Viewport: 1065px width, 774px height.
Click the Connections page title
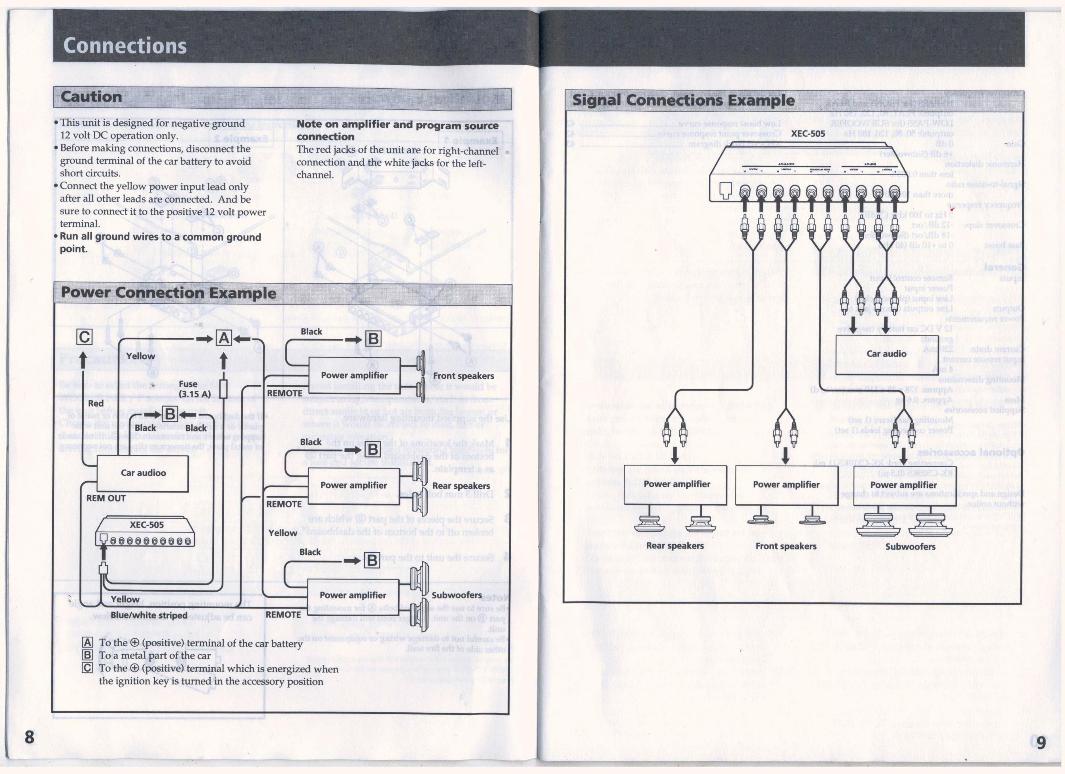pos(125,45)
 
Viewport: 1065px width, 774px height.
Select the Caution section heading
pos(91,97)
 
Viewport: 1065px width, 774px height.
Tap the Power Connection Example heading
pos(168,293)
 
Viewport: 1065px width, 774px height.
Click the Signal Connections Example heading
pos(683,100)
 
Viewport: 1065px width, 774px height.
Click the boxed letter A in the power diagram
pos(223,338)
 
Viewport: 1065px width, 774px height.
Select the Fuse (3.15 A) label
pos(194,389)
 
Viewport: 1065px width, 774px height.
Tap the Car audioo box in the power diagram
pos(143,473)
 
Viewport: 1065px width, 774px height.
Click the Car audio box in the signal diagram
pos(886,354)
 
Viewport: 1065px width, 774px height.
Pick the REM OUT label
pos(106,498)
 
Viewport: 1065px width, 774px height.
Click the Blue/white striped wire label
pos(149,616)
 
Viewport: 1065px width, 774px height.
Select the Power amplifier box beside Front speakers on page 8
pos(354,376)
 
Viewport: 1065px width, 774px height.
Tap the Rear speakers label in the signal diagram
pos(675,546)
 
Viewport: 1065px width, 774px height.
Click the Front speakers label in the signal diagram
pos(786,546)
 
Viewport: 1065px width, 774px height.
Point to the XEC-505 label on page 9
pos(808,134)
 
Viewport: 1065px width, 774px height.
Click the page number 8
pos(30,737)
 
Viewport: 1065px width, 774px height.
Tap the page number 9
pos(1041,743)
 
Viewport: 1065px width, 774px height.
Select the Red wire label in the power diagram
pos(96,403)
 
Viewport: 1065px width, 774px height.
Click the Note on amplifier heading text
pos(397,131)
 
